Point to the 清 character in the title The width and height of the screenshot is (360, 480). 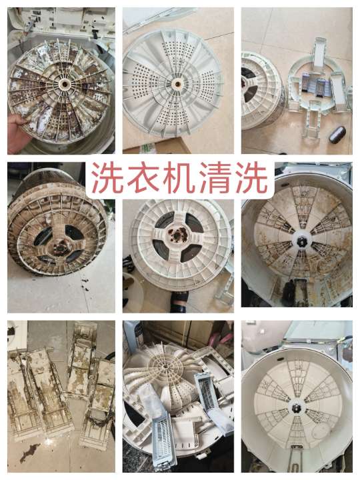215,179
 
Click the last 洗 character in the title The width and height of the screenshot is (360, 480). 251,179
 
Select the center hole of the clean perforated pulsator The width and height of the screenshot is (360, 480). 177,85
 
